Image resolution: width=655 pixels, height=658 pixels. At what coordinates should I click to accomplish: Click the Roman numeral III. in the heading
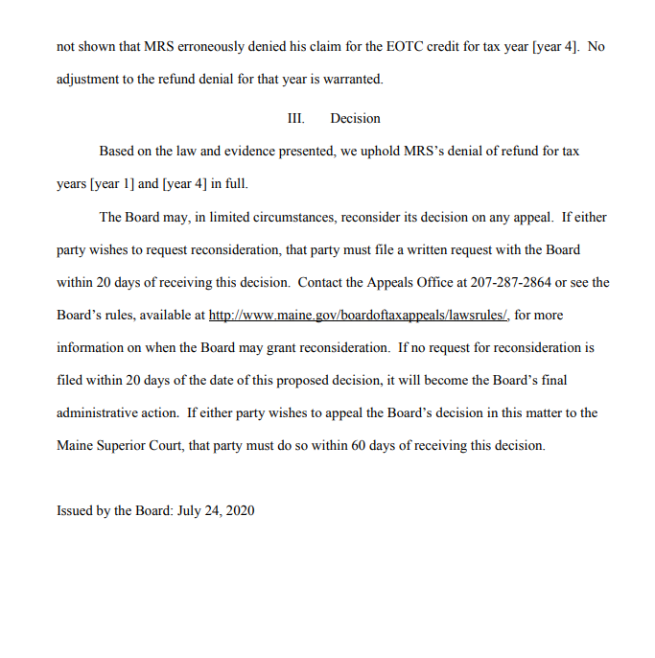[x=295, y=119]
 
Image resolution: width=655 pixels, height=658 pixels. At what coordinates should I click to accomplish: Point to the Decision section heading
[x=355, y=119]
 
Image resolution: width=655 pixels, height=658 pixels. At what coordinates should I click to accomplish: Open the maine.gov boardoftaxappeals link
[x=358, y=315]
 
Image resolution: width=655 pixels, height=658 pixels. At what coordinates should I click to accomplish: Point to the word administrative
[x=118, y=412]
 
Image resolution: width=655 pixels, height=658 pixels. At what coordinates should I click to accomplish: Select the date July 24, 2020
[x=216, y=510]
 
